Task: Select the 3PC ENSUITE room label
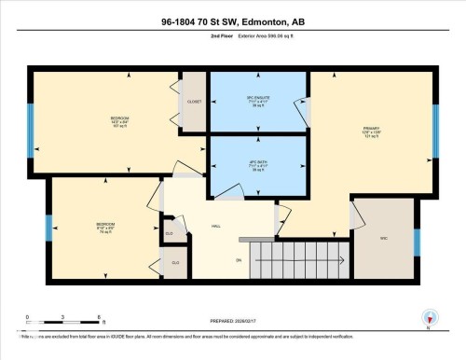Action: click(x=257, y=101)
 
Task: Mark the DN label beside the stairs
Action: click(x=239, y=259)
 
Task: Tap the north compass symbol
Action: click(x=429, y=318)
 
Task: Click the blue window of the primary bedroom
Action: click(x=435, y=130)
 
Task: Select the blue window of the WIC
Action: click(x=417, y=242)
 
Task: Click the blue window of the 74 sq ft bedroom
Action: click(x=48, y=228)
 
